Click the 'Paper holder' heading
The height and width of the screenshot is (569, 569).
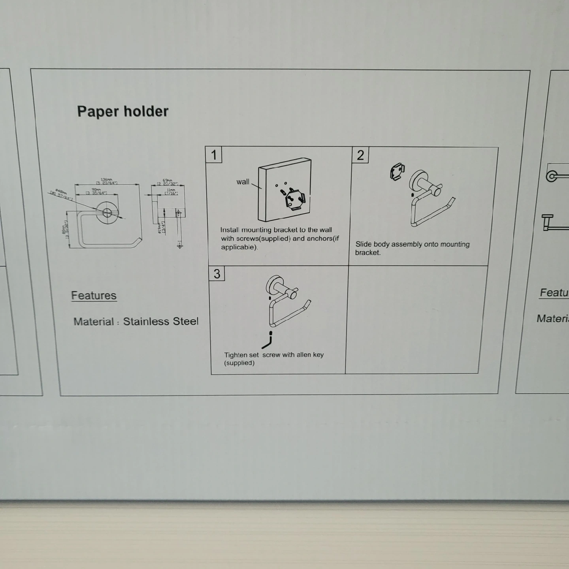click(122, 111)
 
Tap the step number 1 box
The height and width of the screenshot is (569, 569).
click(214, 154)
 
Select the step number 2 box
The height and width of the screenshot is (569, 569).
click(360, 155)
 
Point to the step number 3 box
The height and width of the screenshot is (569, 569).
click(217, 273)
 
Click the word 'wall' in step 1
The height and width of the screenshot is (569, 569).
click(243, 182)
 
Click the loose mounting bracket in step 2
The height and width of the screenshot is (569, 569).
click(397, 171)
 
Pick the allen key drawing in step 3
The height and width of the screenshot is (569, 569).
click(268, 341)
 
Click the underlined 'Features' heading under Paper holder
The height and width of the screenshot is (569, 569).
click(94, 296)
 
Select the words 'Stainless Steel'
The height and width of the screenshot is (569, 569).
click(160, 321)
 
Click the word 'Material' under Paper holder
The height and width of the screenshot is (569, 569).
click(93, 322)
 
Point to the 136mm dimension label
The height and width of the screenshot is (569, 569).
click(106, 180)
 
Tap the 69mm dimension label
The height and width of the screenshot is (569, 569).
click(168, 181)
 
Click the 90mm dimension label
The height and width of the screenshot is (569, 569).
click(96, 190)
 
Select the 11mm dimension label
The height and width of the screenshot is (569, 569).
click(171, 190)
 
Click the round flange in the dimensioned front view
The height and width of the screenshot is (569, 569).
click(107, 212)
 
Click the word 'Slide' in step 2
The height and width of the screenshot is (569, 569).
click(363, 244)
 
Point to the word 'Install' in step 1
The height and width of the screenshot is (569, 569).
click(230, 230)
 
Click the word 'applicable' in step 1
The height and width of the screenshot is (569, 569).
click(239, 247)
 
